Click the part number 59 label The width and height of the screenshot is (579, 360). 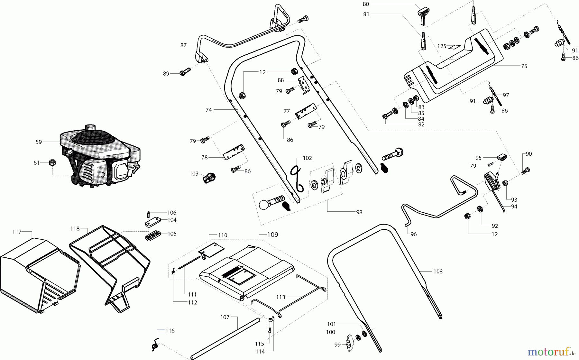pyautogui.click(x=39, y=142)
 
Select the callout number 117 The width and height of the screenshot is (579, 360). pyautogui.click(x=17, y=232)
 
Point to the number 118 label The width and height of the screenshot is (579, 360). pyautogui.click(x=75, y=228)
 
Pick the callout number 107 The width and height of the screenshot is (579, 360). pyautogui.click(x=225, y=317)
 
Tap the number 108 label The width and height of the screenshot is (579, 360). pyautogui.click(x=438, y=272)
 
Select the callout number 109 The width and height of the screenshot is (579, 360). pyautogui.click(x=272, y=235)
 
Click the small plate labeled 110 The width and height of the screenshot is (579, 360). pyautogui.click(x=211, y=250)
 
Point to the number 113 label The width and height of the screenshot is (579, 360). pyautogui.click(x=280, y=297)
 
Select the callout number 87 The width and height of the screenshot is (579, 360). pyautogui.click(x=183, y=45)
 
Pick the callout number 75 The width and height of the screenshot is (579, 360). pyautogui.click(x=524, y=66)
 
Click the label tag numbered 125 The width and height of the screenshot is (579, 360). pyautogui.click(x=454, y=47)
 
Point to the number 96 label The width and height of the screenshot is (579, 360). pyautogui.click(x=414, y=234)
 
